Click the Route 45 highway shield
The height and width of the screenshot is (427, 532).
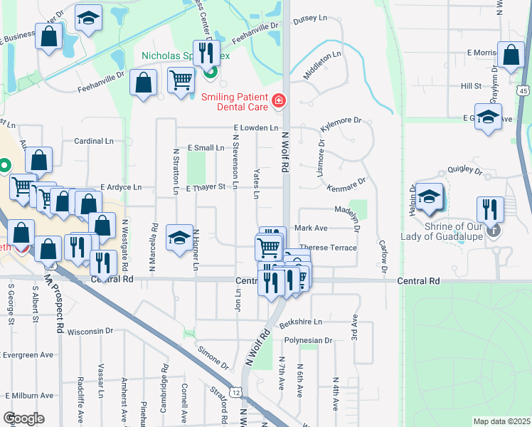tap(523, 91)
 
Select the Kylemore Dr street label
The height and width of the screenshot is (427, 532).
tap(341, 122)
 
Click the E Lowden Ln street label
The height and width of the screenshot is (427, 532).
tap(255, 128)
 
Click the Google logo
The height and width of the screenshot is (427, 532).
tap(23, 418)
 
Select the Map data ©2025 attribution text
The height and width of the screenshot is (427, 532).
tap(501, 421)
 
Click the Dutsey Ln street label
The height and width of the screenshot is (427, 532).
tap(314, 19)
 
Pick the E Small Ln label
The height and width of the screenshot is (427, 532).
tap(206, 148)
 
